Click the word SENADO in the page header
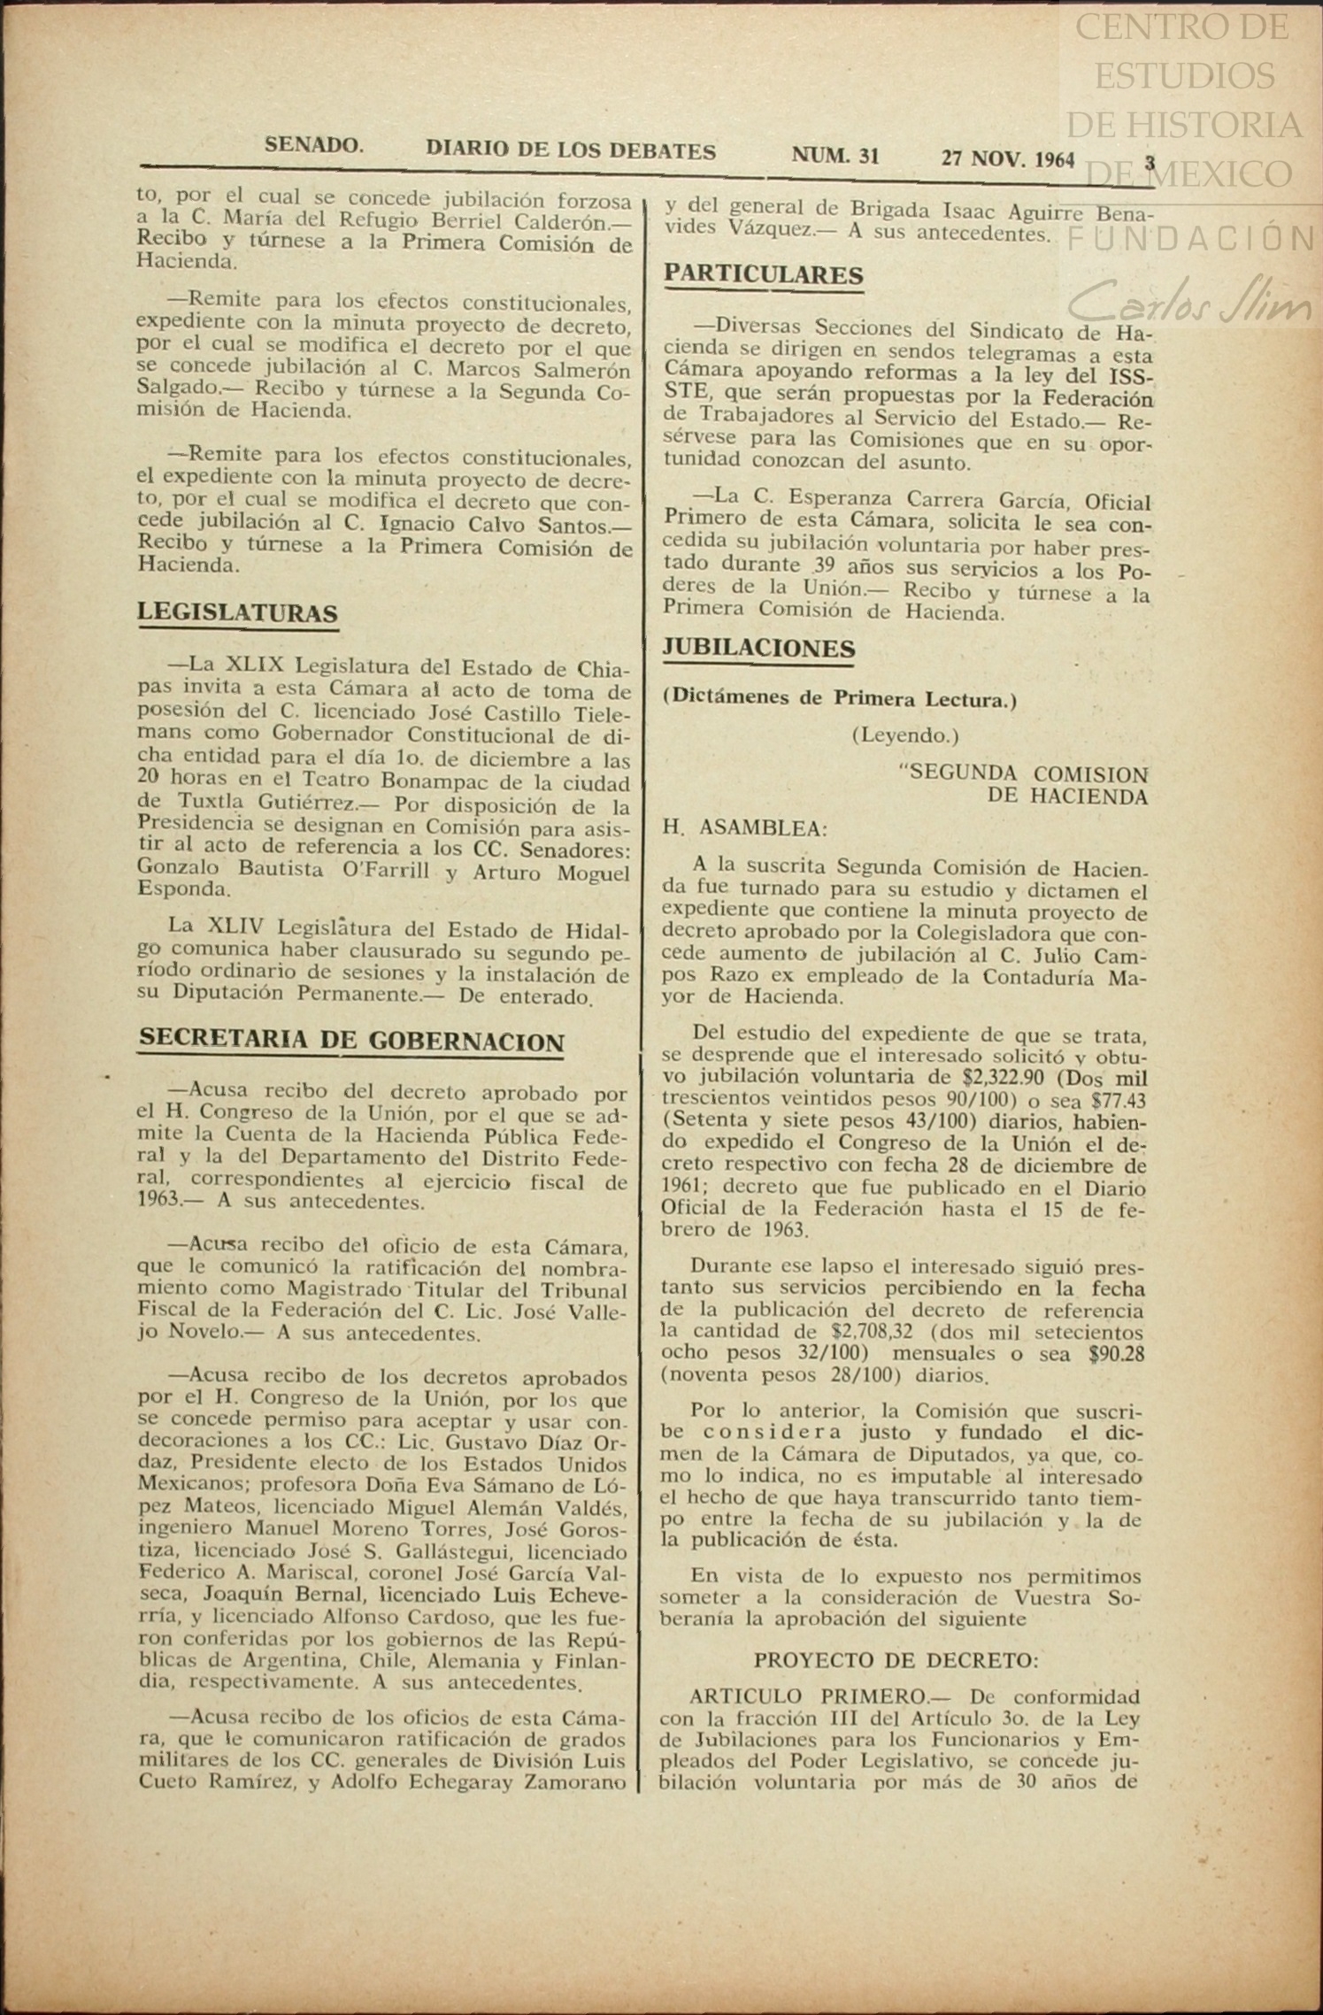pos(313,145)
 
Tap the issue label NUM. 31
pos(835,156)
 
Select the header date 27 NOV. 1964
pos(1007,159)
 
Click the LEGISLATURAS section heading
pos(237,612)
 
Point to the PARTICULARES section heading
pos(763,274)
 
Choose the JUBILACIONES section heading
pos(758,649)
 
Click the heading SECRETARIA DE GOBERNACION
pos(351,1040)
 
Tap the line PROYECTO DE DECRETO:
pos(896,1659)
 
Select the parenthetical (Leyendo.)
pos(904,734)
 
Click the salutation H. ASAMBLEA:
pos(744,828)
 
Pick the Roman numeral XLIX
pos(255,665)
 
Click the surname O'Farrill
pos(385,870)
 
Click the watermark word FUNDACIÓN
pos(1191,238)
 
